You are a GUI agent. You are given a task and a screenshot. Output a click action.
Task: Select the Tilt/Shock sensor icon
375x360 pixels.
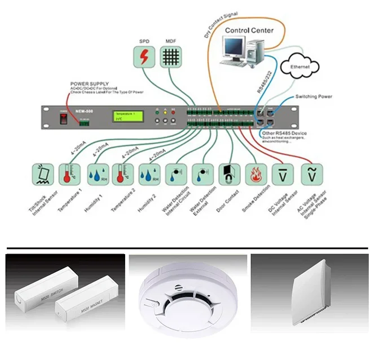tap(42, 176)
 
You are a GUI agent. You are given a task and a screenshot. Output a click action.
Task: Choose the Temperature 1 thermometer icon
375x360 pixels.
tap(69, 176)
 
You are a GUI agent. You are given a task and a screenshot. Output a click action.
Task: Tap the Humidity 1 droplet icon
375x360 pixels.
tap(98, 176)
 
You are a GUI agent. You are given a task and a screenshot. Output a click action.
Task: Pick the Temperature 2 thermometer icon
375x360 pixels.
tap(124, 176)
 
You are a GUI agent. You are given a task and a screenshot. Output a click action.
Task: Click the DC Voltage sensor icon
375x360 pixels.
tap(283, 176)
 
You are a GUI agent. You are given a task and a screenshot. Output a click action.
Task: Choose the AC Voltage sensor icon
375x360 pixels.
tap(310, 176)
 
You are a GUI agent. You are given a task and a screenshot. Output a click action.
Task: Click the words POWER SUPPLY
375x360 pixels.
tap(89, 83)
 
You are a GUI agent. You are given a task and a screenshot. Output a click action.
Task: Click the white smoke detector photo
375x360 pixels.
tap(187, 297)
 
